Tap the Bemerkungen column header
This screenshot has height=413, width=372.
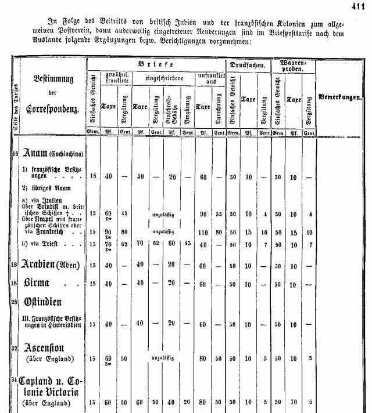click(340, 97)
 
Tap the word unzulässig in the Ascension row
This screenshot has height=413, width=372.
click(163, 358)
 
